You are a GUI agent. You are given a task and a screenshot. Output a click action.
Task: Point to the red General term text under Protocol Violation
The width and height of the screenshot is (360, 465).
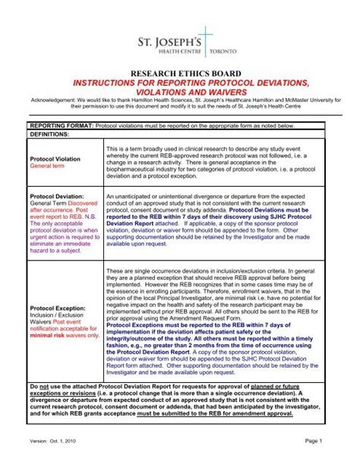pos(47,166)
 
